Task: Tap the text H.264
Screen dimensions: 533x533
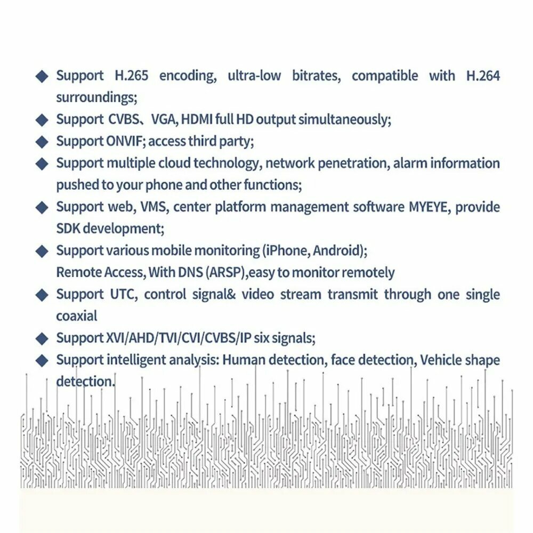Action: (x=483, y=76)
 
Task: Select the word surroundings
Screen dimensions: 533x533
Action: (x=96, y=98)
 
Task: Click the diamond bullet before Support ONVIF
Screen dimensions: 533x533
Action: (x=42, y=142)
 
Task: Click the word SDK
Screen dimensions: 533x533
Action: (x=68, y=229)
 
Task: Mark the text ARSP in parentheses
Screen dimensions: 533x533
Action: (x=227, y=273)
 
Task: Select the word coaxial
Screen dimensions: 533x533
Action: (x=77, y=316)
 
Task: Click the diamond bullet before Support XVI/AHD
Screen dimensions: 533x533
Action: (x=42, y=338)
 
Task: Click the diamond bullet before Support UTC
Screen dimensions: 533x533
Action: (x=42, y=295)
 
